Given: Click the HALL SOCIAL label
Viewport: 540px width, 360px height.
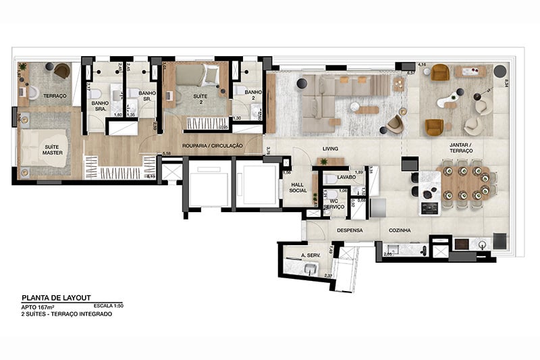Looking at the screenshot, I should click(299, 187).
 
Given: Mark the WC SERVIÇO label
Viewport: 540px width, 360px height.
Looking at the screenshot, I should click(333, 205).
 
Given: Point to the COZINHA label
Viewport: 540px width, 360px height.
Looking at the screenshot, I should click(400, 230).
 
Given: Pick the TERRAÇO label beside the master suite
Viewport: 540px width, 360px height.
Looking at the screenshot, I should click(55, 97).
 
